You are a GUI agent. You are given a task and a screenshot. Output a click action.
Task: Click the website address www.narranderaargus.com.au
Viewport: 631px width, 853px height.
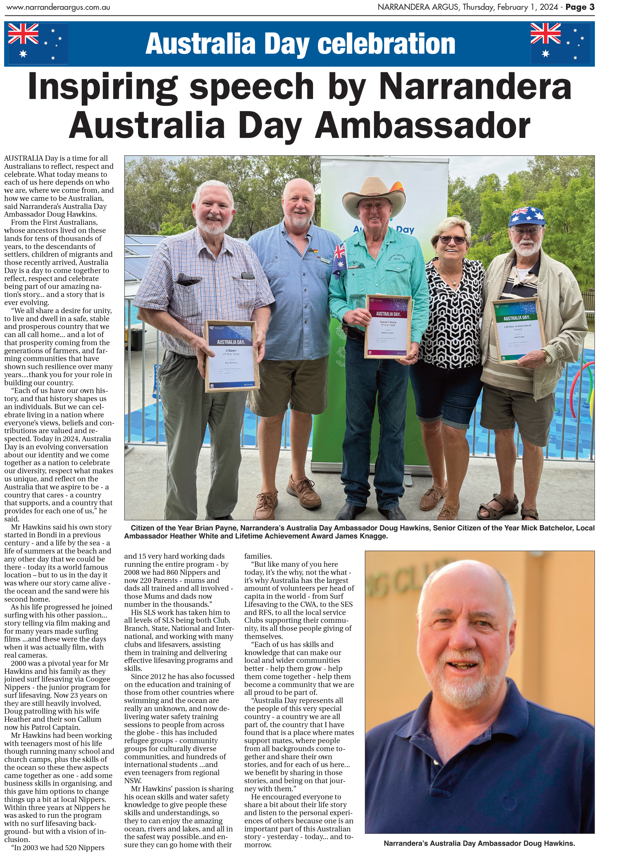click(x=58, y=7)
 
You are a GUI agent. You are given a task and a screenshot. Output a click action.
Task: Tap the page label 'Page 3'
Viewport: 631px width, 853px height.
click(x=580, y=7)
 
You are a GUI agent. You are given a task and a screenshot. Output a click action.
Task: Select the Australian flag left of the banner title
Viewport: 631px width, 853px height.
click(x=38, y=43)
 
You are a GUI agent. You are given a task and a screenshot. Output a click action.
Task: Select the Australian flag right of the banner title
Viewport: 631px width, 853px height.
click(x=560, y=43)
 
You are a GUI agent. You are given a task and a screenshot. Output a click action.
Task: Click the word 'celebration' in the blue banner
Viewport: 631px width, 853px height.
click(x=386, y=43)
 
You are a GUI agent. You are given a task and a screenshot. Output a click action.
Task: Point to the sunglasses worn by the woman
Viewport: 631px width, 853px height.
click(x=453, y=240)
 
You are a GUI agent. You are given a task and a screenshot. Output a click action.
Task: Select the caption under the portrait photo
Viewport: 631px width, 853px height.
click(x=479, y=843)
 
